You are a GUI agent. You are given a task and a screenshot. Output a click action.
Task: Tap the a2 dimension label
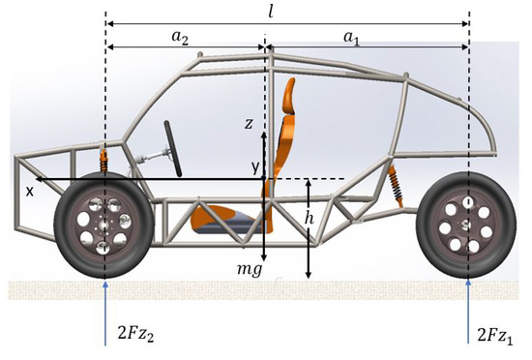click(x=181, y=36)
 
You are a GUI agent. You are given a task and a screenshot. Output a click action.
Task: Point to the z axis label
click(x=249, y=123)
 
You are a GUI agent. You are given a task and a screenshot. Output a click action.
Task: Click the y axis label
click(x=256, y=167)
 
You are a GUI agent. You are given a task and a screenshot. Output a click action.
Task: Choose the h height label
click(x=308, y=220)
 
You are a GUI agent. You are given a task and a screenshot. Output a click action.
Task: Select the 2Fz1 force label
click(x=499, y=336)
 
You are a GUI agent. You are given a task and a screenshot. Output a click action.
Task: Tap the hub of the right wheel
click(x=468, y=226)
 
